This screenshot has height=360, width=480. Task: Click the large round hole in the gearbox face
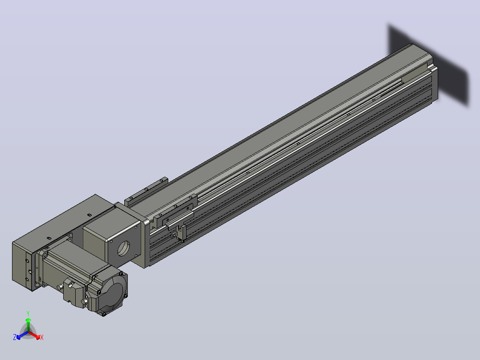124,249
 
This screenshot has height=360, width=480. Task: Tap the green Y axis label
28,313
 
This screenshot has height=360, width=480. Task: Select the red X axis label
42,337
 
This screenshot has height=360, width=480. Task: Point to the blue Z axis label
15,337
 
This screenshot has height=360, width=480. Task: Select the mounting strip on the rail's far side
146,191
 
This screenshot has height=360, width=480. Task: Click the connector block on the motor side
74,293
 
